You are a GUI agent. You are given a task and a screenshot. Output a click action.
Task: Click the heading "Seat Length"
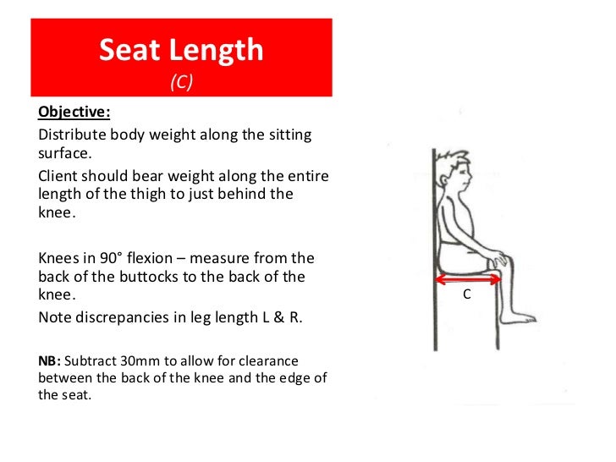(181, 51)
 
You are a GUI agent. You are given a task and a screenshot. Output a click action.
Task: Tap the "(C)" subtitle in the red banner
(181, 82)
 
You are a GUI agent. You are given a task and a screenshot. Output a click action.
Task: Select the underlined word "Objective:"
(74, 113)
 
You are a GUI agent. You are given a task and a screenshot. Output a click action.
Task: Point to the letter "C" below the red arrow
(466, 296)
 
